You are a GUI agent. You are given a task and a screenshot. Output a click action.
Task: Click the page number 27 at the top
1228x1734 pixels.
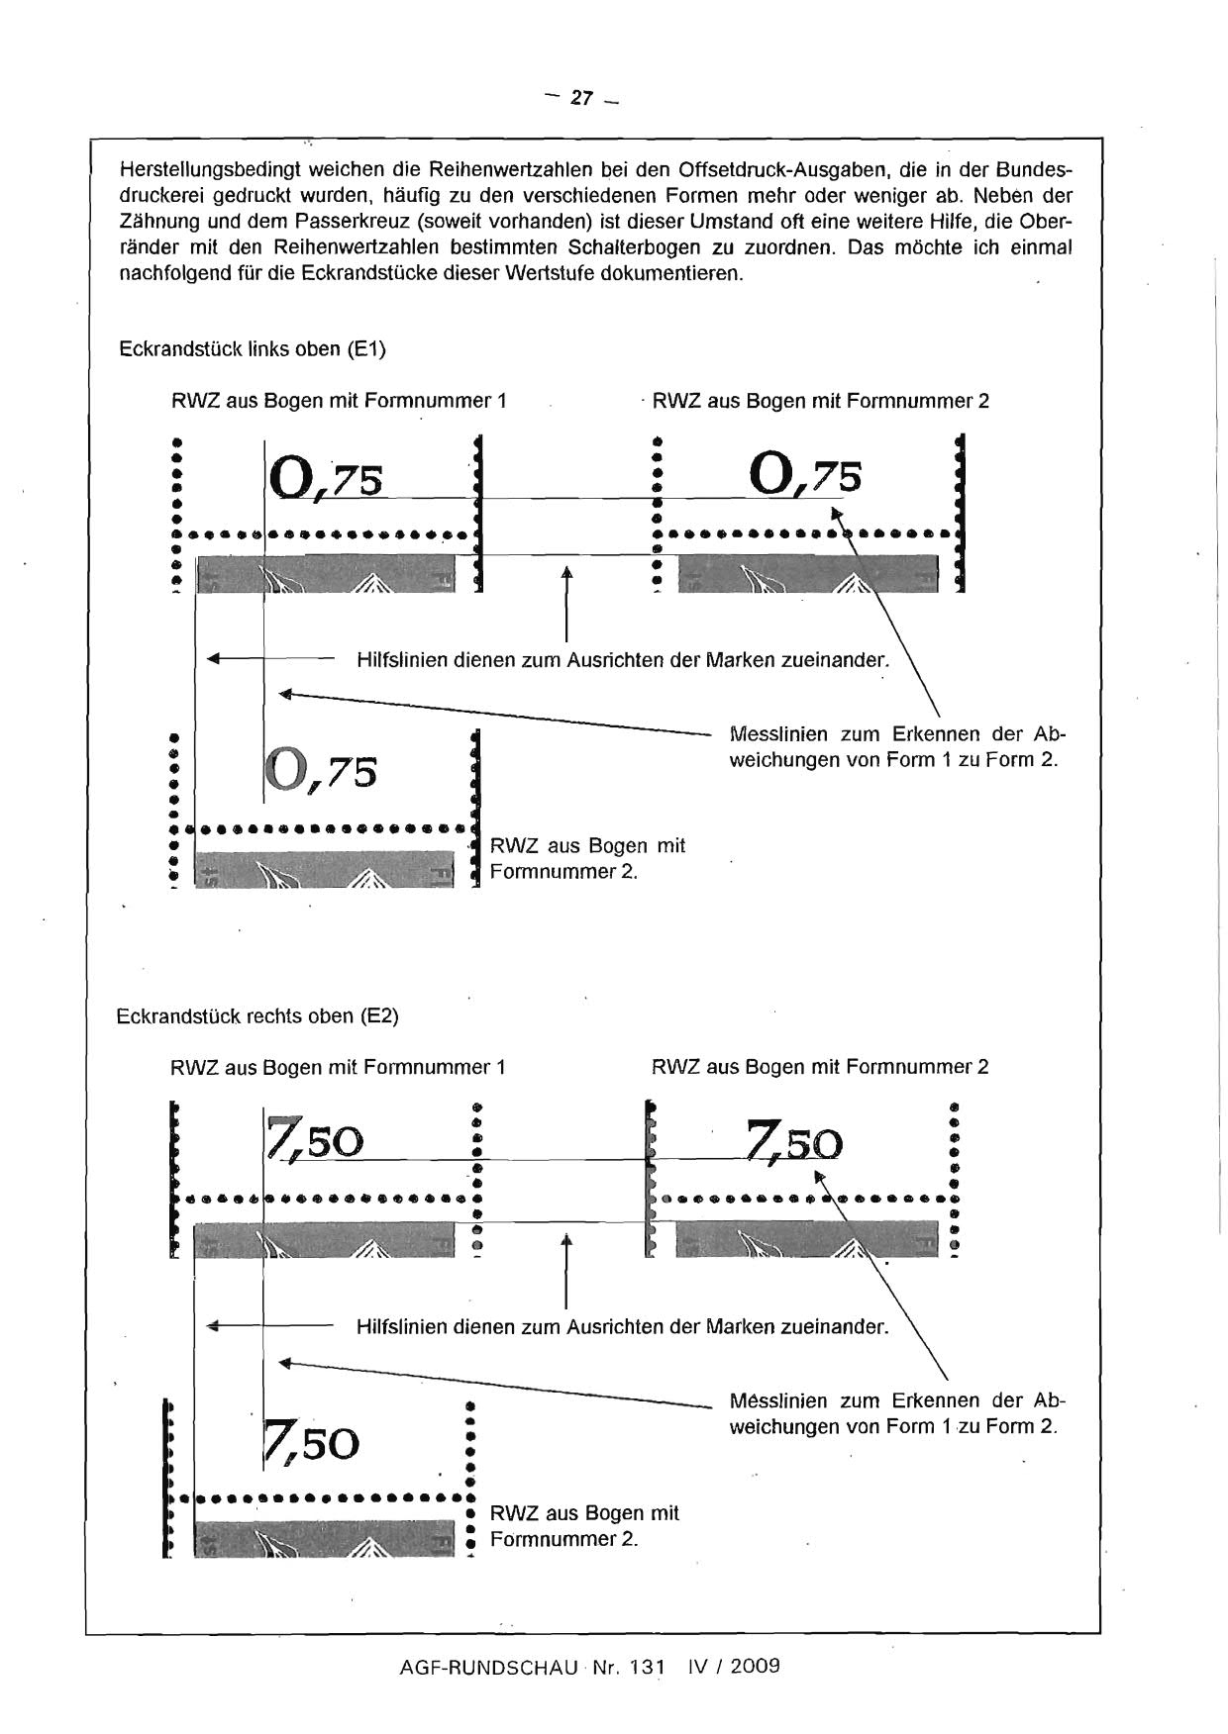point(581,98)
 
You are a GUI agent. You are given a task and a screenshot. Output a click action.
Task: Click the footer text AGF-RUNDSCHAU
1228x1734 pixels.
point(488,1666)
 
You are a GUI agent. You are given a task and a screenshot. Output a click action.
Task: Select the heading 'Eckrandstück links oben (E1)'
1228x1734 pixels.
point(252,349)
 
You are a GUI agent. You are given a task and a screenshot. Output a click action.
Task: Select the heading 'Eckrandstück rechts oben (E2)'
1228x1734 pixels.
point(257,1016)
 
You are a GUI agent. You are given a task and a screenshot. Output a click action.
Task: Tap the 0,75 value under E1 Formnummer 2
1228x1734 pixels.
point(806,474)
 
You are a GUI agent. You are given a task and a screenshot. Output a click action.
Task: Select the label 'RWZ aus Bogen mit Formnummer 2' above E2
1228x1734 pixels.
point(820,1067)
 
